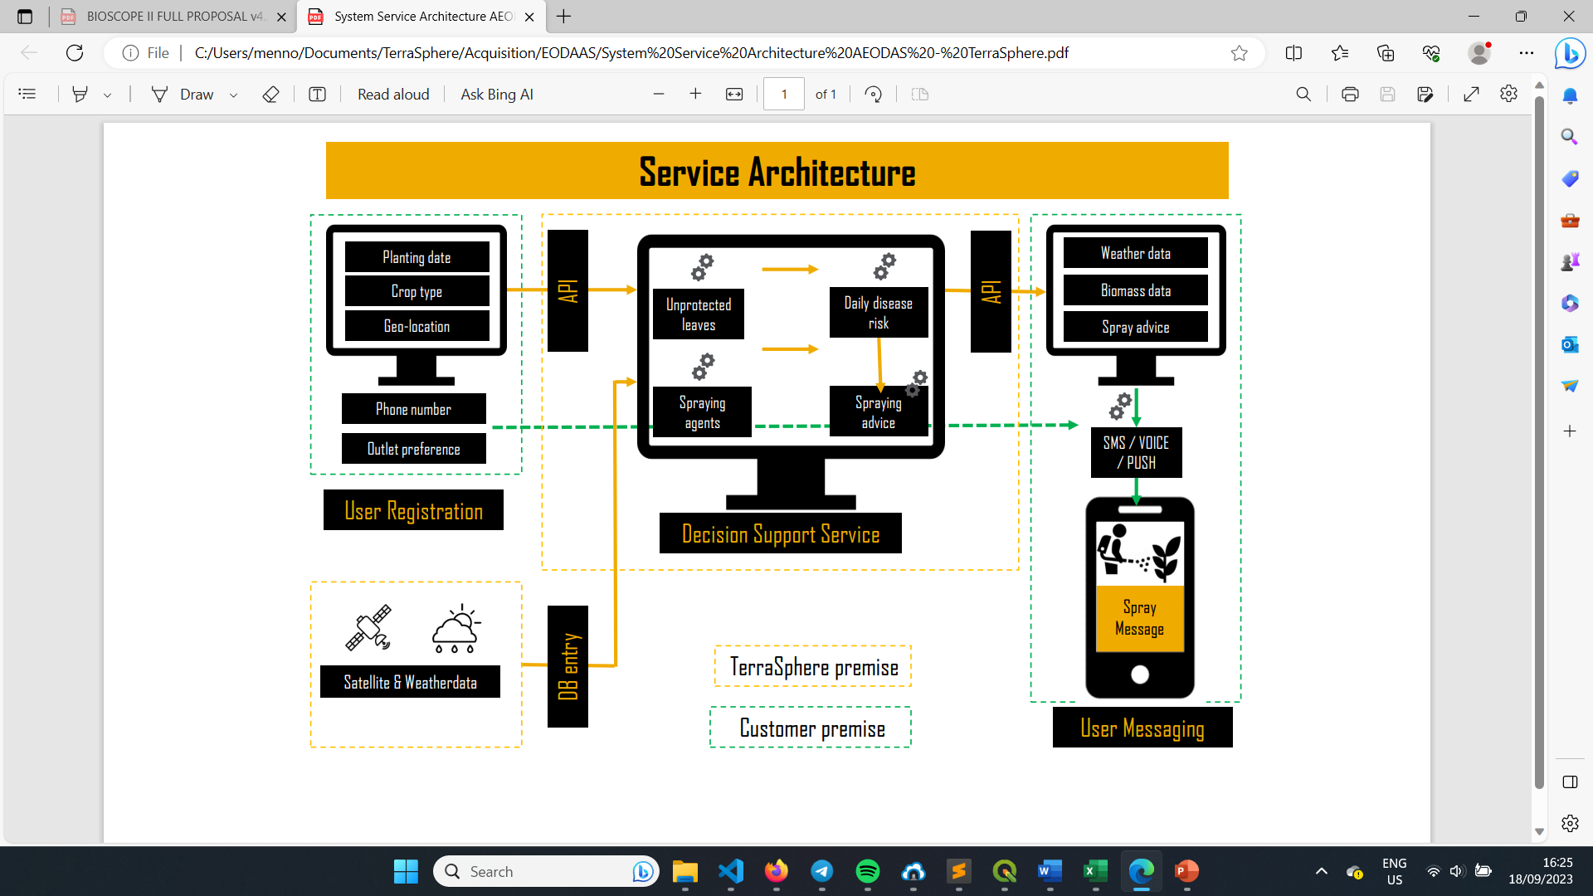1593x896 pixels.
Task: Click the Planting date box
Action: (417, 257)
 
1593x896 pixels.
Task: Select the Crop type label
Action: (417, 291)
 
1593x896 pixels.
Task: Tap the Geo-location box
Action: (417, 326)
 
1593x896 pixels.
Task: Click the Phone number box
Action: (413, 409)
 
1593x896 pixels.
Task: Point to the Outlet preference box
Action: (413, 449)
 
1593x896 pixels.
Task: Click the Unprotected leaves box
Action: (699, 314)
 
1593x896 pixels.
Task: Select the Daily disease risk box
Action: (879, 313)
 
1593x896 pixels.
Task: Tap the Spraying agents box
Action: (702, 412)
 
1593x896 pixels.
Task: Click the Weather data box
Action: (1136, 253)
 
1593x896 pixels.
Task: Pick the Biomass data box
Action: (1136, 290)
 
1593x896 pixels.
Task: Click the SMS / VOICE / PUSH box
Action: (1136, 452)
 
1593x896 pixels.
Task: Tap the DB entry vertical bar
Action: (568, 666)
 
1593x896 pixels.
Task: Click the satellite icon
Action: (368, 628)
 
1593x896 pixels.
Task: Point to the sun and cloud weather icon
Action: (455, 629)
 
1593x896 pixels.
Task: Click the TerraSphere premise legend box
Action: (813, 666)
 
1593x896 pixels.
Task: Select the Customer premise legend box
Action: (811, 728)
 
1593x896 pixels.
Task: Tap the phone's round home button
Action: (1140, 674)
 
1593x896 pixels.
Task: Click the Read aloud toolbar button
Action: (393, 95)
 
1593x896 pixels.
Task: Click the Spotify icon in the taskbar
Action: (868, 871)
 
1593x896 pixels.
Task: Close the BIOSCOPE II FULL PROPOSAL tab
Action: (281, 17)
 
